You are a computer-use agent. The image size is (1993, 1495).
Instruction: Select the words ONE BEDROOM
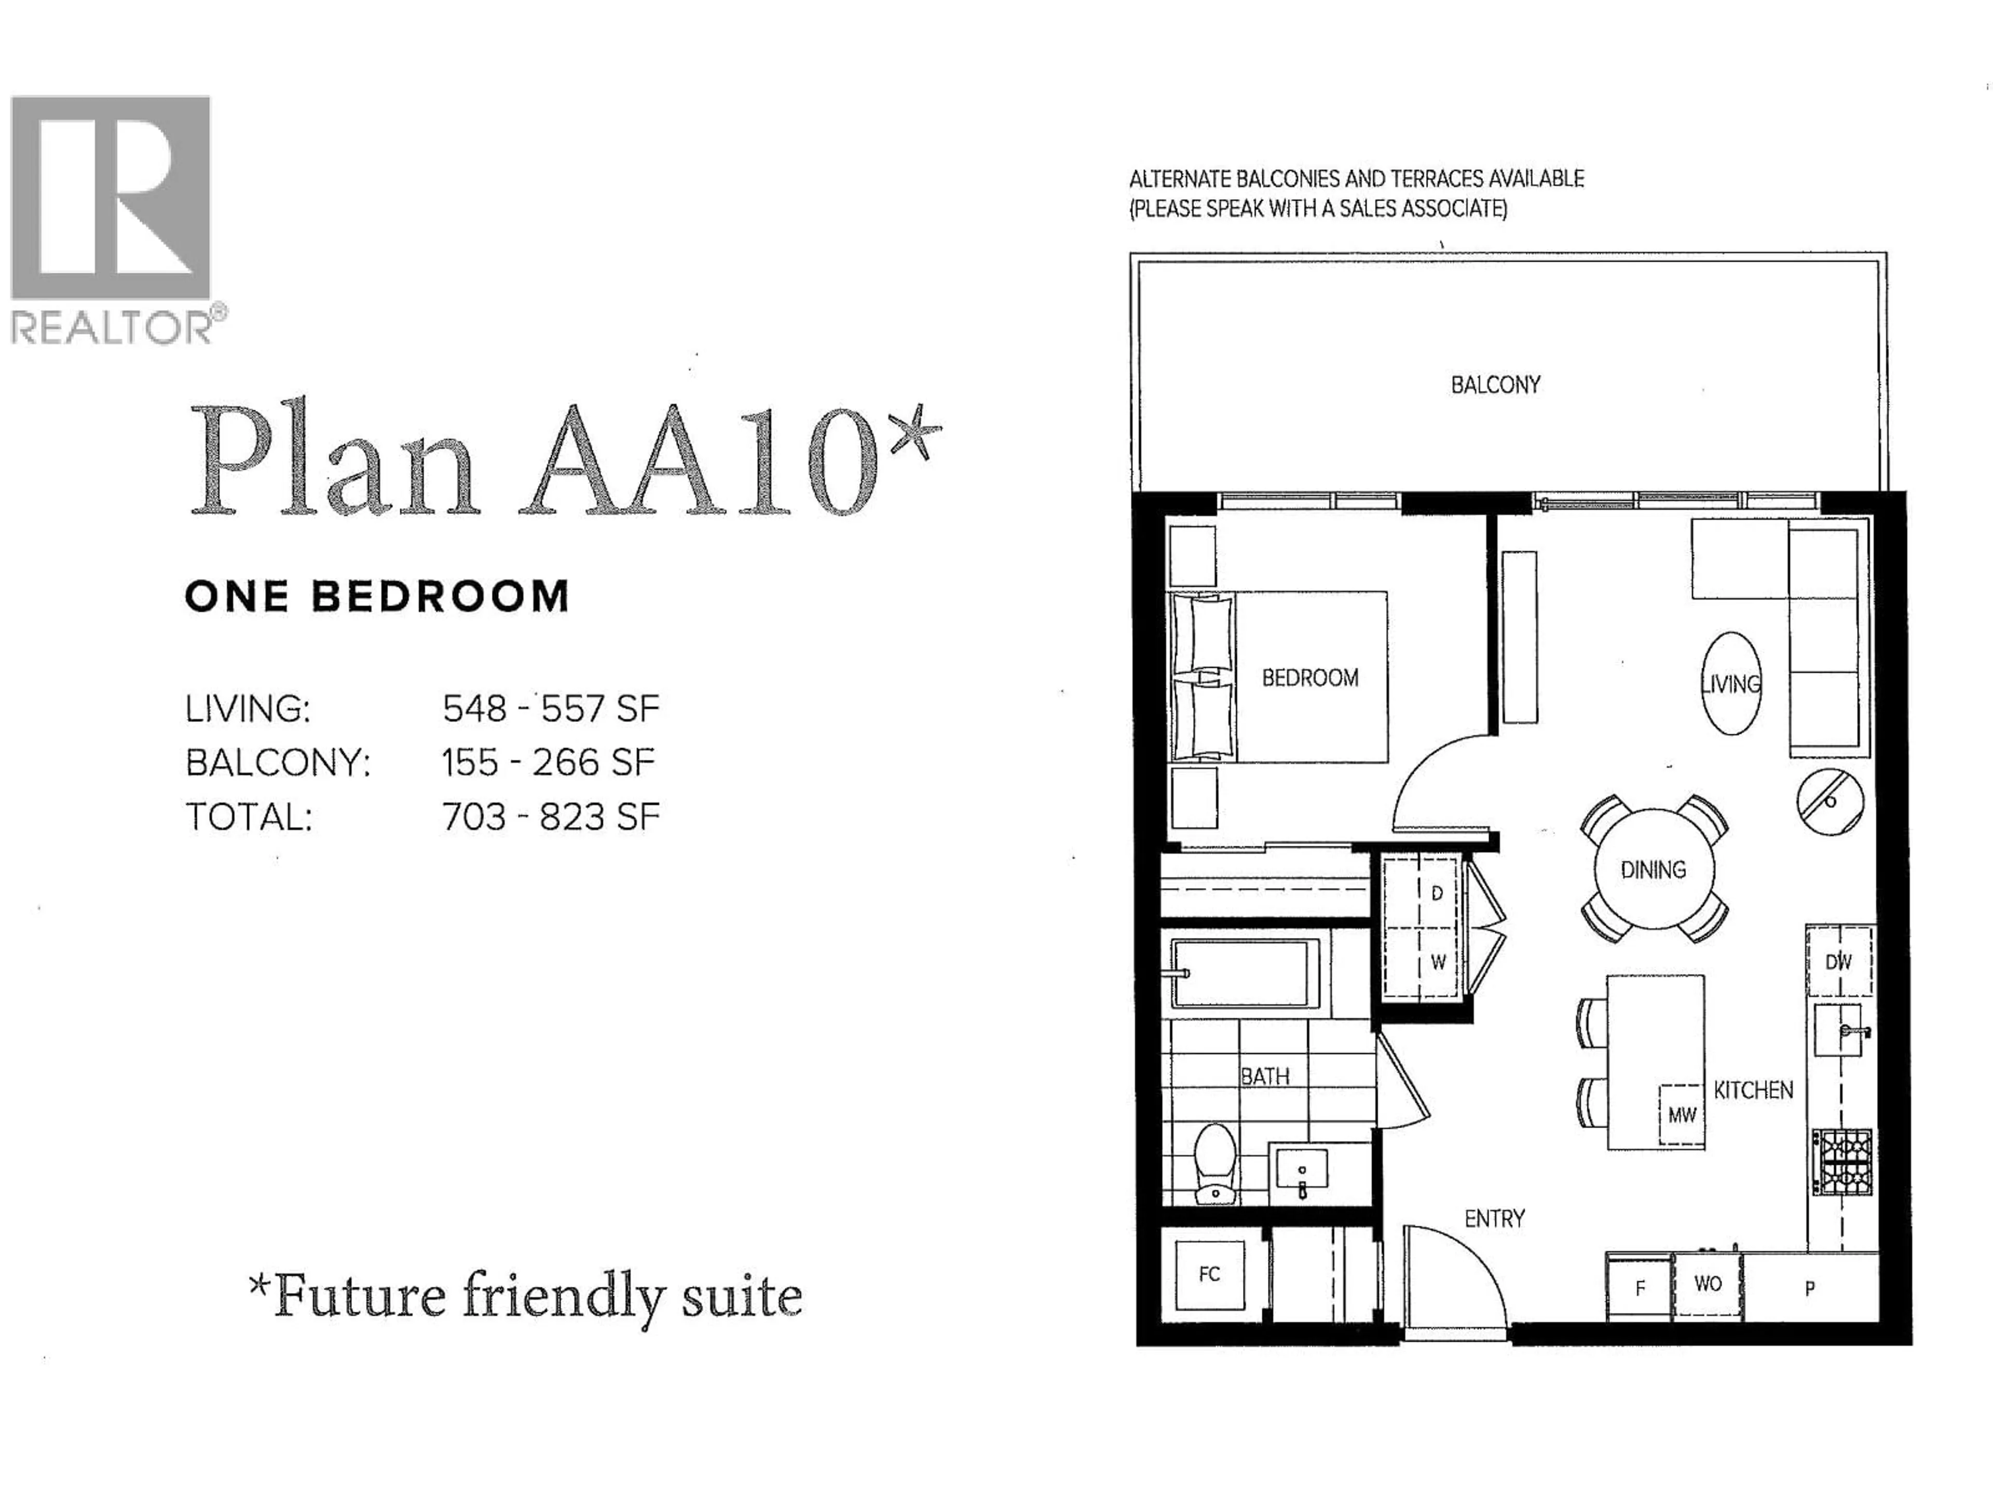coord(377,596)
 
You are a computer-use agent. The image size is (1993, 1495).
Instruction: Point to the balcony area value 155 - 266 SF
coord(548,763)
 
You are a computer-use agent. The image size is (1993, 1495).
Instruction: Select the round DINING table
coord(1654,869)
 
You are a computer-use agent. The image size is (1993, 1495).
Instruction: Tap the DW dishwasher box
coord(1838,961)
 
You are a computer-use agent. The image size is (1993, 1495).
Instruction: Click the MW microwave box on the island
coord(1681,1115)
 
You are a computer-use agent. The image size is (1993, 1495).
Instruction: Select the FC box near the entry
coord(1209,1274)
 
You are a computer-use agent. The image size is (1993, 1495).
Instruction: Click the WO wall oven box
coord(1708,1284)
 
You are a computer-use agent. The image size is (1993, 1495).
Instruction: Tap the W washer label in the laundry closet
coord(1438,962)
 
